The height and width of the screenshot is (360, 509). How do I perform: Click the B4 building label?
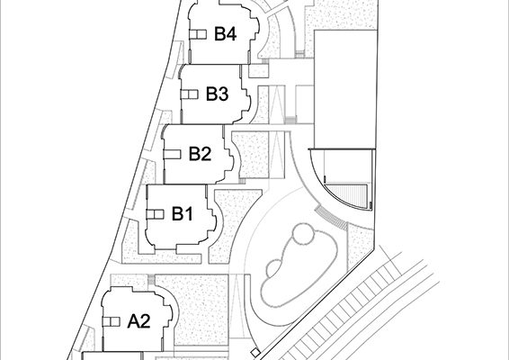[225, 34]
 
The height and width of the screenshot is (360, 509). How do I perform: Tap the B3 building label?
[217, 94]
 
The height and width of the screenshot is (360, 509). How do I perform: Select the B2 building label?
[200, 154]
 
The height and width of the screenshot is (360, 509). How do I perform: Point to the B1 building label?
[183, 214]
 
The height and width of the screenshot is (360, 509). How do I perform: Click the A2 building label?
[138, 321]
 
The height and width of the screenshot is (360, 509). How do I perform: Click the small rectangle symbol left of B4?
[198, 34]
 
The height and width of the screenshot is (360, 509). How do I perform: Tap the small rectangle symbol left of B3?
[189, 94]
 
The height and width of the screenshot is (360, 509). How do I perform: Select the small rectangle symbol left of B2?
[172, 154]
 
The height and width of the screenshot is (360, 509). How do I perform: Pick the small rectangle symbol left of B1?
[155, 214]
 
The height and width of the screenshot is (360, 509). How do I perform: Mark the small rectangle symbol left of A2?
[111, 321]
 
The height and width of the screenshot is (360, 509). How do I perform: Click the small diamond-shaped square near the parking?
[255, 353]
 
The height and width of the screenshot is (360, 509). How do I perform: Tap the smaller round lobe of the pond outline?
[275, 269]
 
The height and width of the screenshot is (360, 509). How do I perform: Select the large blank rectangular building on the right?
[345, 89]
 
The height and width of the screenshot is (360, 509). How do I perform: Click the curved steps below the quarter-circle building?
[331, 218]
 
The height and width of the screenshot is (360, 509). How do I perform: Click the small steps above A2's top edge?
[151, 280]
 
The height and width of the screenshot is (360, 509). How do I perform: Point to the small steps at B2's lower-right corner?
[242, 181]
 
